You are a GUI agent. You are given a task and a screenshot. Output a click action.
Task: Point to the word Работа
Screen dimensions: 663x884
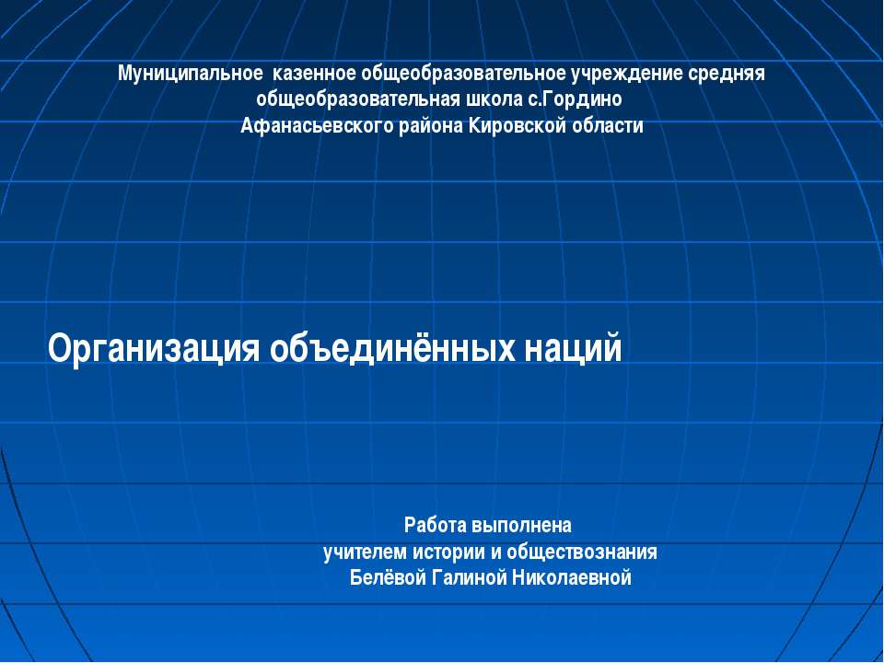[x=435, y=526]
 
